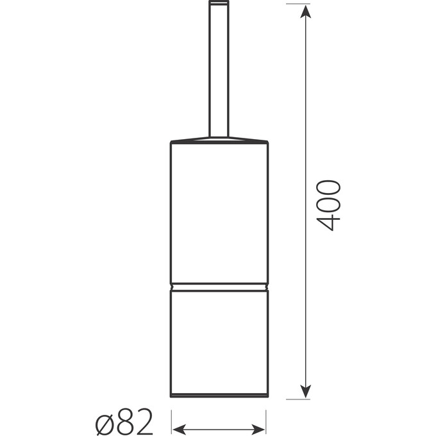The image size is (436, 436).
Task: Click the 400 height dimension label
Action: point(328,205)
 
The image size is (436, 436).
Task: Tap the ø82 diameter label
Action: point(124,422)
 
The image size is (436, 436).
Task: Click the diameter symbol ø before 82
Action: point(106,424)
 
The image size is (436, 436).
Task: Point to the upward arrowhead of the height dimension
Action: point(306,12)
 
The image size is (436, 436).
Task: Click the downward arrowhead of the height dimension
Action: point(306,391)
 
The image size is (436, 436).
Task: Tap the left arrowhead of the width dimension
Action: point(179,429)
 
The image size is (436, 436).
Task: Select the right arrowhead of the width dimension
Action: point(258,429)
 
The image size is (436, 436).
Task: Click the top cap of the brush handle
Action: point(219,3)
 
